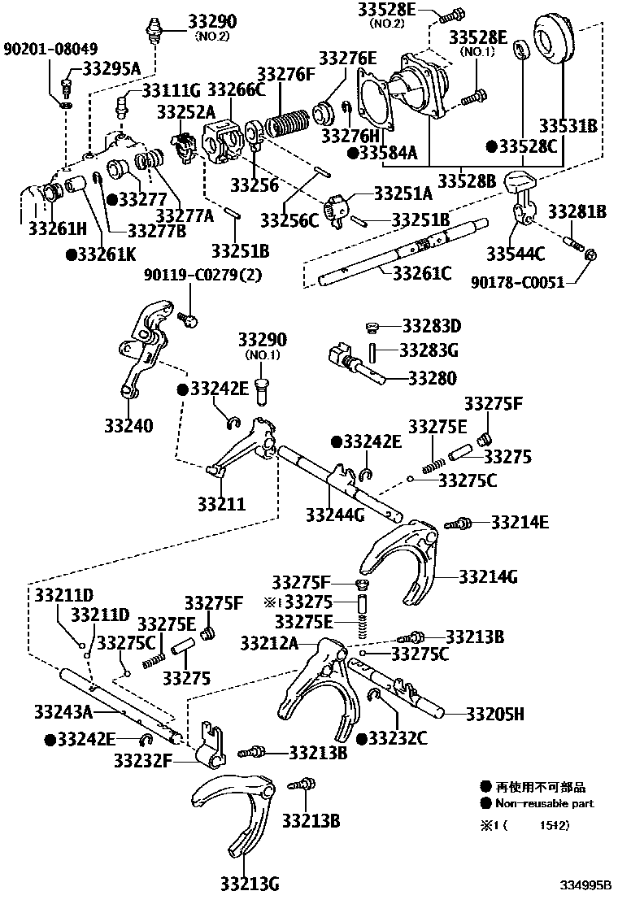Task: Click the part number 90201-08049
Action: click(43, 48)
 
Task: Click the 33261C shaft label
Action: click(421, 274)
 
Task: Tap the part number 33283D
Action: click(431, 327)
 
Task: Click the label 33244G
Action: click(335, 514)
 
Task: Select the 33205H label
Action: click(494, 715)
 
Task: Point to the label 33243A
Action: click(64, 711)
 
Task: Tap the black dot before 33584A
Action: click(352, 152)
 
